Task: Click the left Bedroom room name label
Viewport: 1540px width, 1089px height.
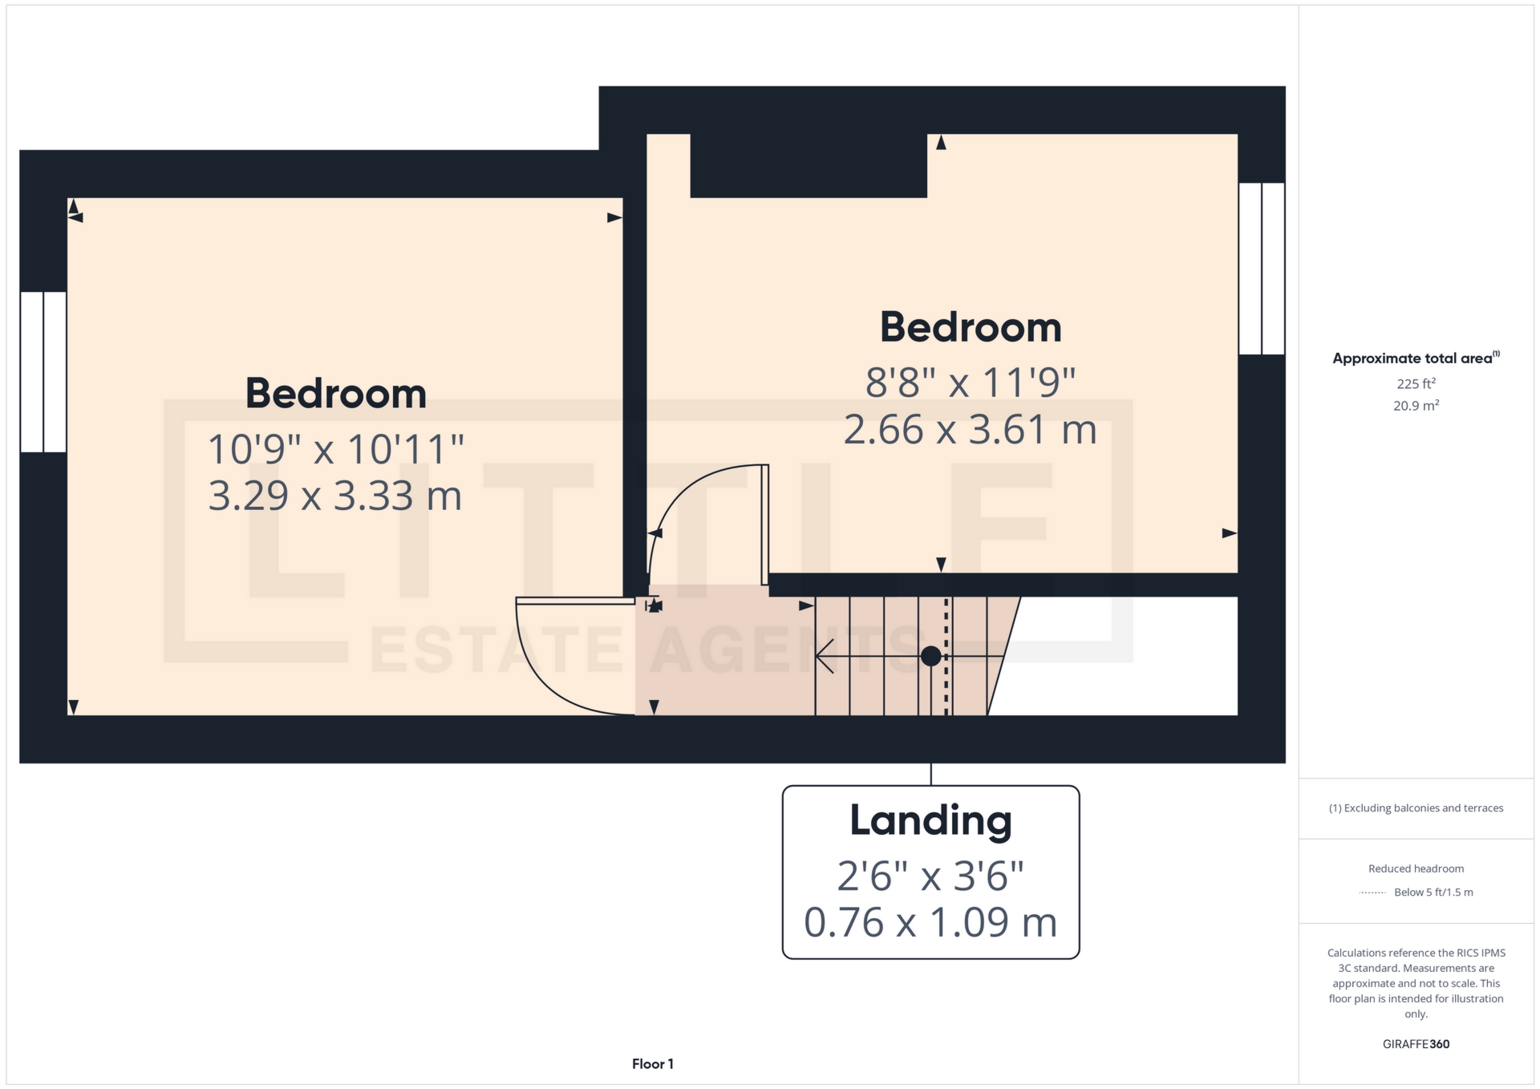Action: pyautogui.click(x=335, y=394)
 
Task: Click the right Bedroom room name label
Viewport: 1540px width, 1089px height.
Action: pyautogui.click(x=971, y=327)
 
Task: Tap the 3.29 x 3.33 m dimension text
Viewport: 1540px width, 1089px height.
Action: pyautogui.click(x=335, y=496)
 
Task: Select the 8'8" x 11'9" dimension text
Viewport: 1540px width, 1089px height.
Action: pyautogui.click(x=971, y=383)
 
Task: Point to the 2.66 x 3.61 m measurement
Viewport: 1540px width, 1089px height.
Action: pyautogui.click(x=971, y=430)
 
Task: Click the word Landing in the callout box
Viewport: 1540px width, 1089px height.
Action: pyautogui.click(x=930, y=820)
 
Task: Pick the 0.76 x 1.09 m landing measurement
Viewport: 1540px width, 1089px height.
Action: pyautogui.click(x=930, y=922)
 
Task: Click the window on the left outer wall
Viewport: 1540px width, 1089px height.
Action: pyautogui.click(x=43, y=372)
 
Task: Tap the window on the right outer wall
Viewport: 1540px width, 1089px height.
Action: pyautogui.click(x=1262, y=269)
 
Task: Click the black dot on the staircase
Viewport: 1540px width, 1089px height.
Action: pyautogui.click(x=930, y=656)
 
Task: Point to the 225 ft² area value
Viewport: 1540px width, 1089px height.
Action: pyautogui.click(x=1416, y=384)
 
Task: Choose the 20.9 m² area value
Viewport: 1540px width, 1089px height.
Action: pyautogui.click(x=1416, y=406)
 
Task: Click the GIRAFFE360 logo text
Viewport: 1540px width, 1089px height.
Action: pyautogui.click(x=1416, y=1044)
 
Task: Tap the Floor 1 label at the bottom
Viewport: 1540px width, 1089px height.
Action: pyautogui.click(x=652, y=1064)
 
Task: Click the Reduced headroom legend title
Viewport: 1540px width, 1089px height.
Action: pyautogui.click(x=1416, y=868)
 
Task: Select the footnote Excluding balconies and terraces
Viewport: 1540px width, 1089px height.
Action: pyautogui.click(x=1416, y=808)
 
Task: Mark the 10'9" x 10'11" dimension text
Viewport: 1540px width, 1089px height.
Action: pyautogui.click(x=335, y=449)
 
